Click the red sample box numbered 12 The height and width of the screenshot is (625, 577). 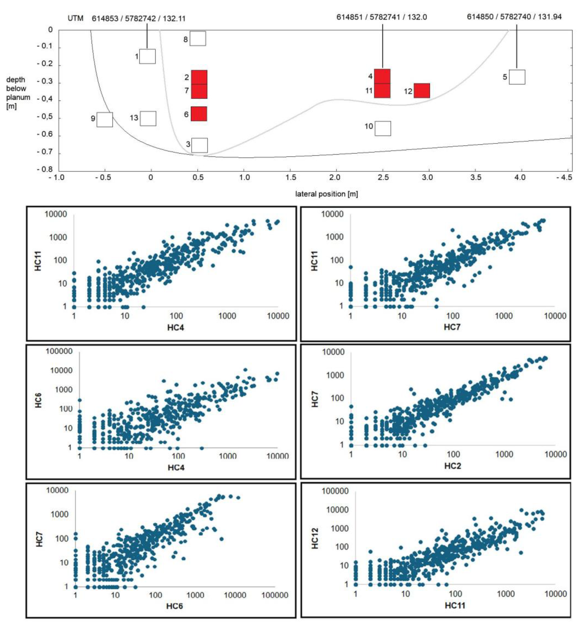point(422,91)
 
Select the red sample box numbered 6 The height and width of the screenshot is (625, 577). point(199,114)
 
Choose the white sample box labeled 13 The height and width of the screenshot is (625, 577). point(148,118)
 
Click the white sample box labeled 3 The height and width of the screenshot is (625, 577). point(199,145)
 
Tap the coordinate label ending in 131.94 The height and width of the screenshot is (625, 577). point(514,17)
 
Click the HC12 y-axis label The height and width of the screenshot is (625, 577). point(315,538)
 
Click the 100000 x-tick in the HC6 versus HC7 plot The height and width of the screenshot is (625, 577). point(275,595)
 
